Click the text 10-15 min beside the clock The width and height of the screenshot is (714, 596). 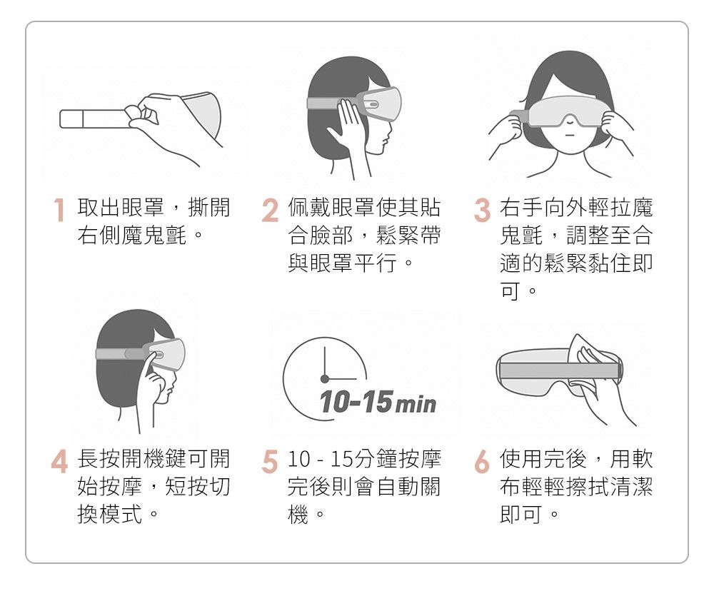point(378,404)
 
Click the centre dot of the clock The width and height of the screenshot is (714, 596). point(324,378)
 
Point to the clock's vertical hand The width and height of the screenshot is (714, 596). point(324,362)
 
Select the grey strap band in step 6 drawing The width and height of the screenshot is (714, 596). point(557,370)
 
